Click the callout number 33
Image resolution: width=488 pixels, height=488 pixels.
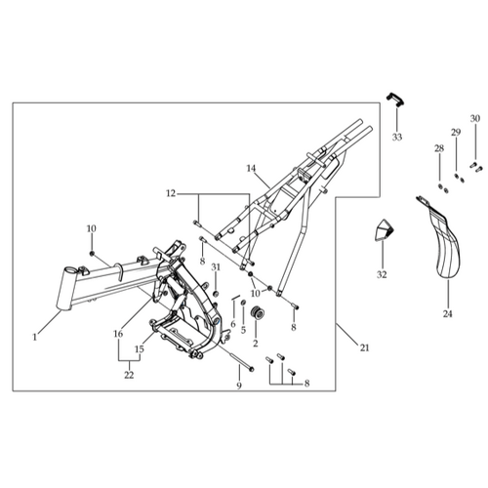397,138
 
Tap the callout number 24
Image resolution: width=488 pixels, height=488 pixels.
448,314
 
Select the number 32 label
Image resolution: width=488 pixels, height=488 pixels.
382,275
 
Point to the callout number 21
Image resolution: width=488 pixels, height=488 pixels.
365,347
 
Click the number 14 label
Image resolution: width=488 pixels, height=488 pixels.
251,169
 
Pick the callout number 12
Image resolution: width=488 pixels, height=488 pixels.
171,193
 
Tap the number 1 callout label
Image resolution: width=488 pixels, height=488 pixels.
35,338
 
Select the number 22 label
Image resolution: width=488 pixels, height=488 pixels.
129,375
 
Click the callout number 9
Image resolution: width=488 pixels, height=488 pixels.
239,386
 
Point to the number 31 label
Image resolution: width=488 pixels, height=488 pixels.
216,267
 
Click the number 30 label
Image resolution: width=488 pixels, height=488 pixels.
475,119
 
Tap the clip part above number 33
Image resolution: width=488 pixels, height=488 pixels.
395,100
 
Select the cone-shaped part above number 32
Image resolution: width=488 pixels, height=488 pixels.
384,230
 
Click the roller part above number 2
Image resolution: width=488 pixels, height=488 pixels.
256,313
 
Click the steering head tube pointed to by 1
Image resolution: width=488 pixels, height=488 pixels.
67,288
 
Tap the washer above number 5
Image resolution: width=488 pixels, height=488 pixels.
243,304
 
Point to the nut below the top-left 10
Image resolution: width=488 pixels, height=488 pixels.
92,253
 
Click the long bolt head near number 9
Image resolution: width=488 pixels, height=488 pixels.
252,369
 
